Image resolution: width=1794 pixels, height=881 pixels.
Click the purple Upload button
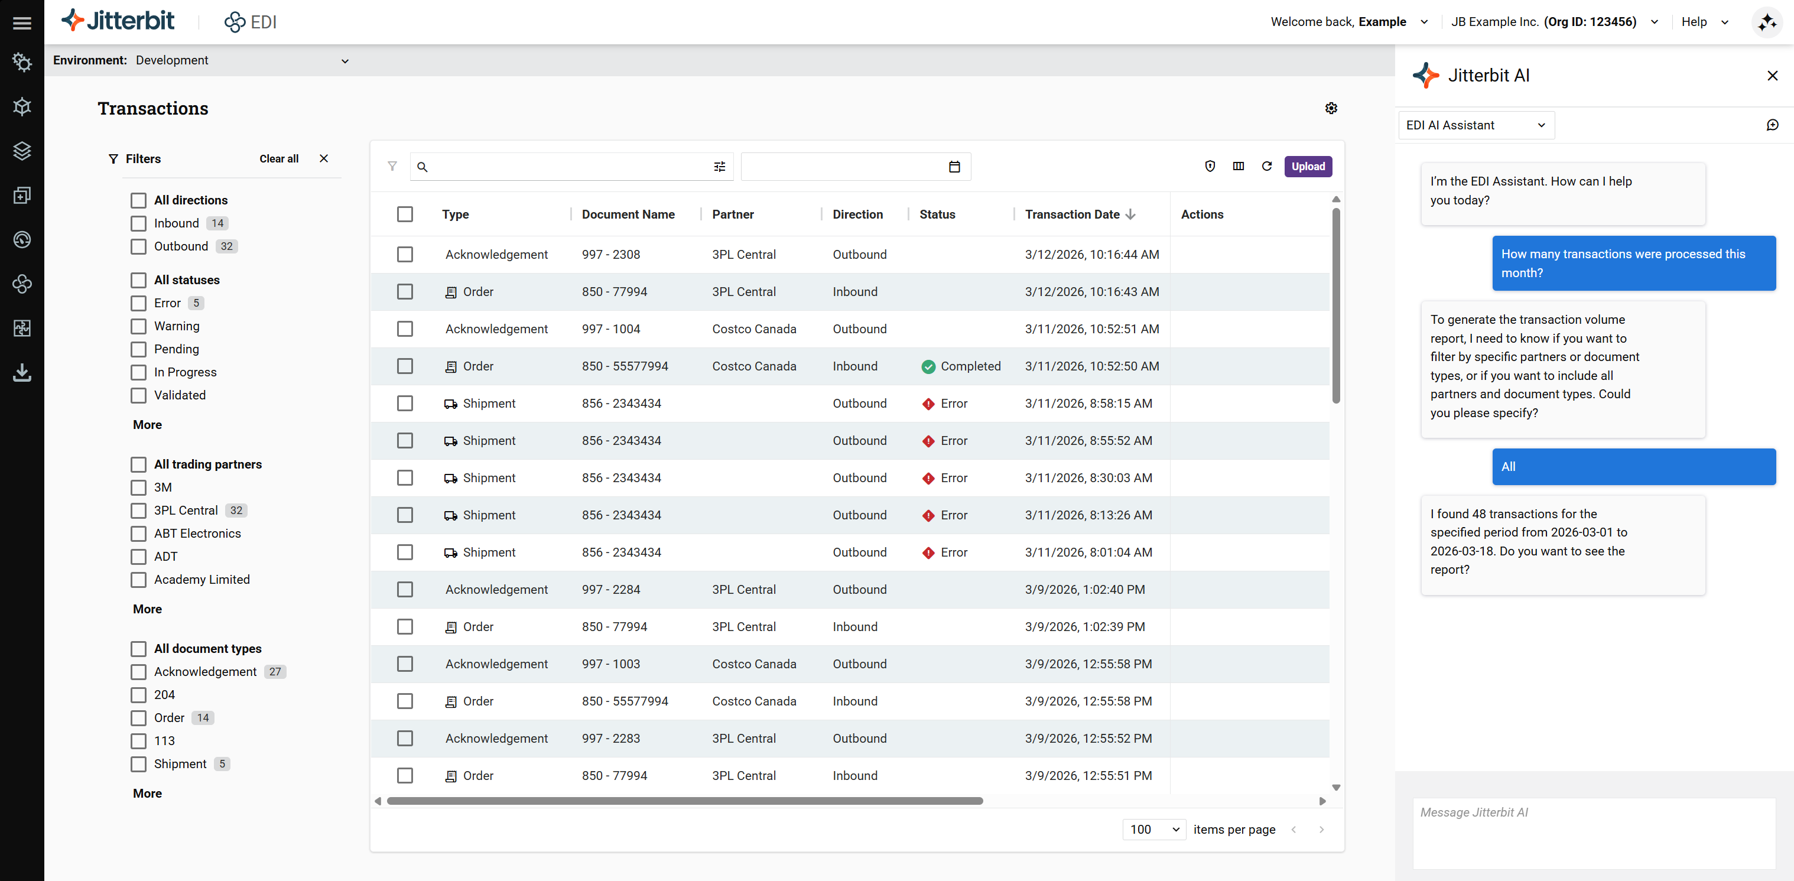1307,167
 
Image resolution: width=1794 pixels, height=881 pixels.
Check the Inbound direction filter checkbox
139,223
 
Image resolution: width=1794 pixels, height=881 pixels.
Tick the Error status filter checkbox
139,303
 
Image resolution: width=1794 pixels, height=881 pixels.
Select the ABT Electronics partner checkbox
139,534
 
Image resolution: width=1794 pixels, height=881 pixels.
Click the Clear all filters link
278,159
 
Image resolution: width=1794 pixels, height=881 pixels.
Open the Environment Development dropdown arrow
344,61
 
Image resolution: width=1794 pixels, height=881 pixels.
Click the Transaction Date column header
1072,214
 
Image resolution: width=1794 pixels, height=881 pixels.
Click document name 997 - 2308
611,255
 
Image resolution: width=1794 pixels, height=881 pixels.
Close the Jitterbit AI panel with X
1772,75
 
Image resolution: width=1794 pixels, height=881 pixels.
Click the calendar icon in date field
954,167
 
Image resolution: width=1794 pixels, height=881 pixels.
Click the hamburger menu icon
22,23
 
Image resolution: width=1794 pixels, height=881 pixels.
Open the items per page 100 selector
1153,830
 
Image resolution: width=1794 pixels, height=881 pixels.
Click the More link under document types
147,793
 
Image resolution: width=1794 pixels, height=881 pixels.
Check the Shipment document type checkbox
139,764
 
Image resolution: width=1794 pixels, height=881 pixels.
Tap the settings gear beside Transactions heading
1331,109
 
